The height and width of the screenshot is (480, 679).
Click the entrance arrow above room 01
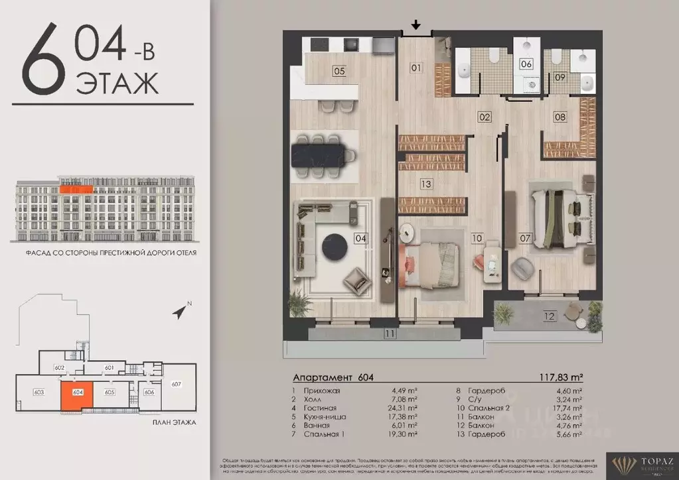415,26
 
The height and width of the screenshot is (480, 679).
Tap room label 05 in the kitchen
339,70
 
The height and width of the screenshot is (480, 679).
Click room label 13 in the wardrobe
425,184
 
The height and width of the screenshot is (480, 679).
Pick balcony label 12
549,316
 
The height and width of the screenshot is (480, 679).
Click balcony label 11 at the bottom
390,333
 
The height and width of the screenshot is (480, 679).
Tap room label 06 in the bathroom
526,64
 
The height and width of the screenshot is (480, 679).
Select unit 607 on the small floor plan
176,384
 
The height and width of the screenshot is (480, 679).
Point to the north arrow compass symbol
179,310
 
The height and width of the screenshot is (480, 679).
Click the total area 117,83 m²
558,377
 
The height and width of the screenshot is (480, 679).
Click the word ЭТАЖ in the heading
117,84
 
